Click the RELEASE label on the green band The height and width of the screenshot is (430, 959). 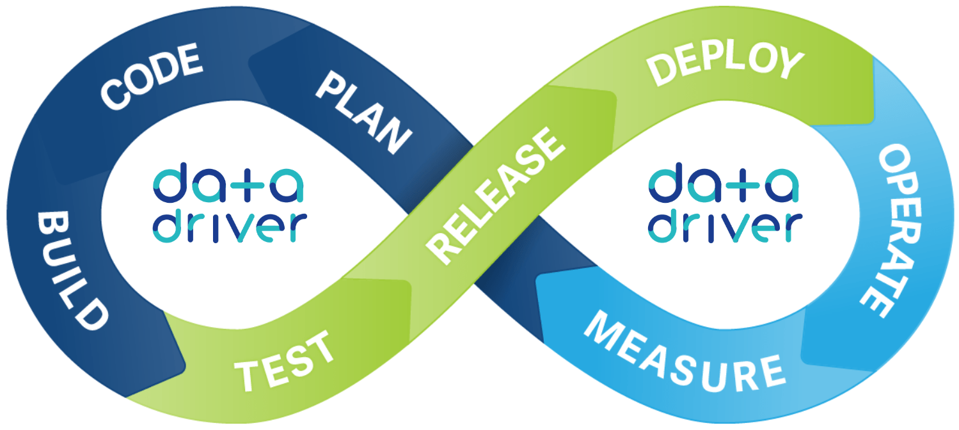point(495,196)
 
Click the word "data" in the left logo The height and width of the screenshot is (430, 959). point(228,183)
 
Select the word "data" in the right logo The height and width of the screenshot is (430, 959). point(724,183)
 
